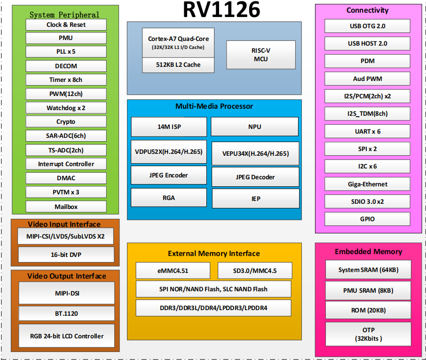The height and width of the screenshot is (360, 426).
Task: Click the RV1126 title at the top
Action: click(x=221, y=10)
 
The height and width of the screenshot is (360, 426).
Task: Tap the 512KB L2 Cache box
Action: click(x=178, y=65)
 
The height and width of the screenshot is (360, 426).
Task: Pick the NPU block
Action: click(x=254, y=127)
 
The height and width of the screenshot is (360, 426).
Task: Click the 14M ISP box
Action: click(x=169, y=127)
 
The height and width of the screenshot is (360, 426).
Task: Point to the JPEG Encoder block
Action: click(x=168, y=175)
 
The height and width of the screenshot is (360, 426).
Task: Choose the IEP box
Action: click(x=255, y=199)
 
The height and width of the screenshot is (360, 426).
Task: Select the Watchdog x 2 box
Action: click(x=66, y=108)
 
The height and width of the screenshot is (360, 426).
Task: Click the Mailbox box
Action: click(x=66, y=206)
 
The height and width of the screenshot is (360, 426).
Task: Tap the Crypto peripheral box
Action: click(x=66, y=122)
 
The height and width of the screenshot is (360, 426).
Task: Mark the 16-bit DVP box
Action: click(x=66, y=255)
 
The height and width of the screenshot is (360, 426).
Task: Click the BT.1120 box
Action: click(x=66, y=313)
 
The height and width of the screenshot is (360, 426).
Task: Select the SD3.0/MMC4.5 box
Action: click(x=255, y=271)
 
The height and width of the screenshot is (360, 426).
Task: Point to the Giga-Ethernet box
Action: click(x=367, y=184)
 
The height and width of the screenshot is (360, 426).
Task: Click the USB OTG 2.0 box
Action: click(x=367, y=26)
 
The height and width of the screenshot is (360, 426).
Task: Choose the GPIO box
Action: click(x=367, y=219)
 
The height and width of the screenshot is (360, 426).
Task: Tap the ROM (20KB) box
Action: click(x=368, y=310)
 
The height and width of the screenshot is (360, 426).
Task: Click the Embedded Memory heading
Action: click(x=368, y=252)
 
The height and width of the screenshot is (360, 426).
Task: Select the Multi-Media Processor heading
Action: click(x=214, y=106)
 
